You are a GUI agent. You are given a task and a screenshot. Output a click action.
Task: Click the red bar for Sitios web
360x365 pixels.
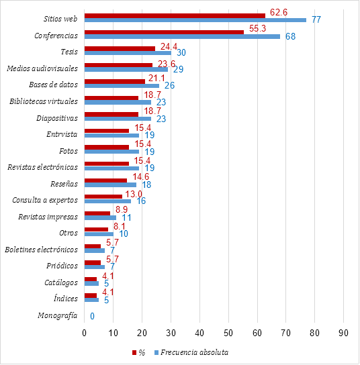(175, 16)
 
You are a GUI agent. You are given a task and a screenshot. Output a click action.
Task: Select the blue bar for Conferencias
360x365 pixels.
(182, 36)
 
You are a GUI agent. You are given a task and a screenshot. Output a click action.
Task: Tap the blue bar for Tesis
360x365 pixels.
(128, 53)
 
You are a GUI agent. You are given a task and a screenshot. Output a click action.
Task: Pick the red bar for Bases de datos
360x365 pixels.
(115, 81)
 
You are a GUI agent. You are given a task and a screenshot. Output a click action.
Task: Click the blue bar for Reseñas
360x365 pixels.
(110, 185)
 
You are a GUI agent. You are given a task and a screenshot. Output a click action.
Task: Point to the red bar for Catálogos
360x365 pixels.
(91, 279)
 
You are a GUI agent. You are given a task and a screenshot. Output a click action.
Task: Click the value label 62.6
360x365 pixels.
(279, 12)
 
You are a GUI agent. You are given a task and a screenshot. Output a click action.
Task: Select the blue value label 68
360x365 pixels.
(290, 36)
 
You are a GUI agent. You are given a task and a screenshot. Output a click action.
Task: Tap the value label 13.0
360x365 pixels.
(134, 194)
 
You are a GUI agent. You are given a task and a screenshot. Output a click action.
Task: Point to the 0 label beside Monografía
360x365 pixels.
(92, 316)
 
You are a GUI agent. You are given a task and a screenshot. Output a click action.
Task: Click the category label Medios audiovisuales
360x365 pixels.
(42, 68)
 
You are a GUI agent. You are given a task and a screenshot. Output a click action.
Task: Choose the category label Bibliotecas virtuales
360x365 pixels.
(44, 101)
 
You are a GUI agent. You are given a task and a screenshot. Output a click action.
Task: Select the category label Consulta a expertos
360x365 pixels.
(45, 200)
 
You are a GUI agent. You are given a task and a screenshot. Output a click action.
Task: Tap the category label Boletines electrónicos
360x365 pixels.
(41, 250)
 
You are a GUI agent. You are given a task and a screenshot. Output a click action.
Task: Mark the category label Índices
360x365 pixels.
(66, 299)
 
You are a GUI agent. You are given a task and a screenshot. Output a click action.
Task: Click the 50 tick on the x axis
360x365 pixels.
(228, 333)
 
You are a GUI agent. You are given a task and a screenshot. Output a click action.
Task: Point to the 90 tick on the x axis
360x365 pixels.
(343, 333)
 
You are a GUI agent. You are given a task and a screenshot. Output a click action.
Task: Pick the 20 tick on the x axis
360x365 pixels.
(142, 333)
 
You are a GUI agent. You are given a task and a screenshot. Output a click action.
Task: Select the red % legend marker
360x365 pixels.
(134, 353)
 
